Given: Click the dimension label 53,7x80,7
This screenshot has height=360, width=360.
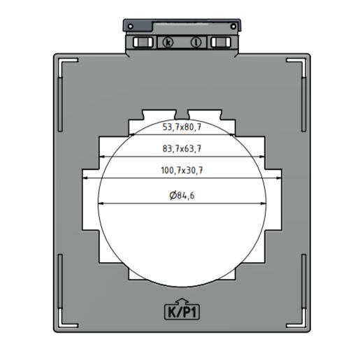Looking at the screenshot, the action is pyautogui.click(x=182, y=127).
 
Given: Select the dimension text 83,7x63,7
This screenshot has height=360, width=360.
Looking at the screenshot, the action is pyautogui.click(x=182, y=149).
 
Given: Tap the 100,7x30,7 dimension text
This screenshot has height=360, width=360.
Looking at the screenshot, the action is pyautogui.click(x=182, y=171).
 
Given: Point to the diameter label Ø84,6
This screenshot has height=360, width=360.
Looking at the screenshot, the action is pyautogui.click(x=182, y=195).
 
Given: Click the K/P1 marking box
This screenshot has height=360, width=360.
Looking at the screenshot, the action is pyautogui.click(x=182, y=312).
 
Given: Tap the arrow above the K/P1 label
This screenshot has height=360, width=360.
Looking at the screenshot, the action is pyautogui.click(x=182, y=301).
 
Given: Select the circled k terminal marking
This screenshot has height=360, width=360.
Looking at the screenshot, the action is pyautogui.click(x=168, y=43).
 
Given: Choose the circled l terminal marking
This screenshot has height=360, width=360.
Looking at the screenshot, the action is pyautogui.click(x=196, y=43).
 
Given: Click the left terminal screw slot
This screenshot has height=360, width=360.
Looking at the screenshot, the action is pyautogui.click(x=143, y=42).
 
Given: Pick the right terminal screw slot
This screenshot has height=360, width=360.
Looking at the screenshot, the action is pyautogui.click(x=221, y=42).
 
